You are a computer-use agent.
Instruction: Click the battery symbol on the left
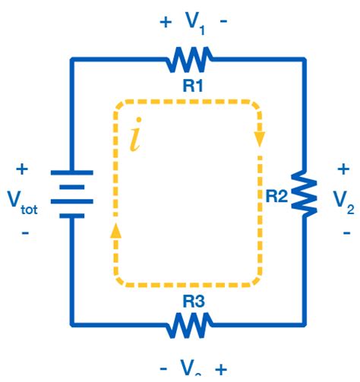tap(72, 193)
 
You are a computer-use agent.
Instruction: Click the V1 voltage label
tap(194, 22)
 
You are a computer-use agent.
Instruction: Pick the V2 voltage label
tap(343, 199)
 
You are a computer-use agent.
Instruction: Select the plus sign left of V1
tap(165, 21)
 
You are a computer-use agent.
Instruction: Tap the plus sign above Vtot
tap(22, 169)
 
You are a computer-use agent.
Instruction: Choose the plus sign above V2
tap(343, 168)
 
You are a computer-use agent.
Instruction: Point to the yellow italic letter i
tap(135, 138)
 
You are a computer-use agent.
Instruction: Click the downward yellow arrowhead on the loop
tap(260, 139)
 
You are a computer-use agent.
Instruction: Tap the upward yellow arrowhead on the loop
tap(115, 230)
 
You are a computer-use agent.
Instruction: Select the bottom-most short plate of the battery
tap(72, 215)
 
